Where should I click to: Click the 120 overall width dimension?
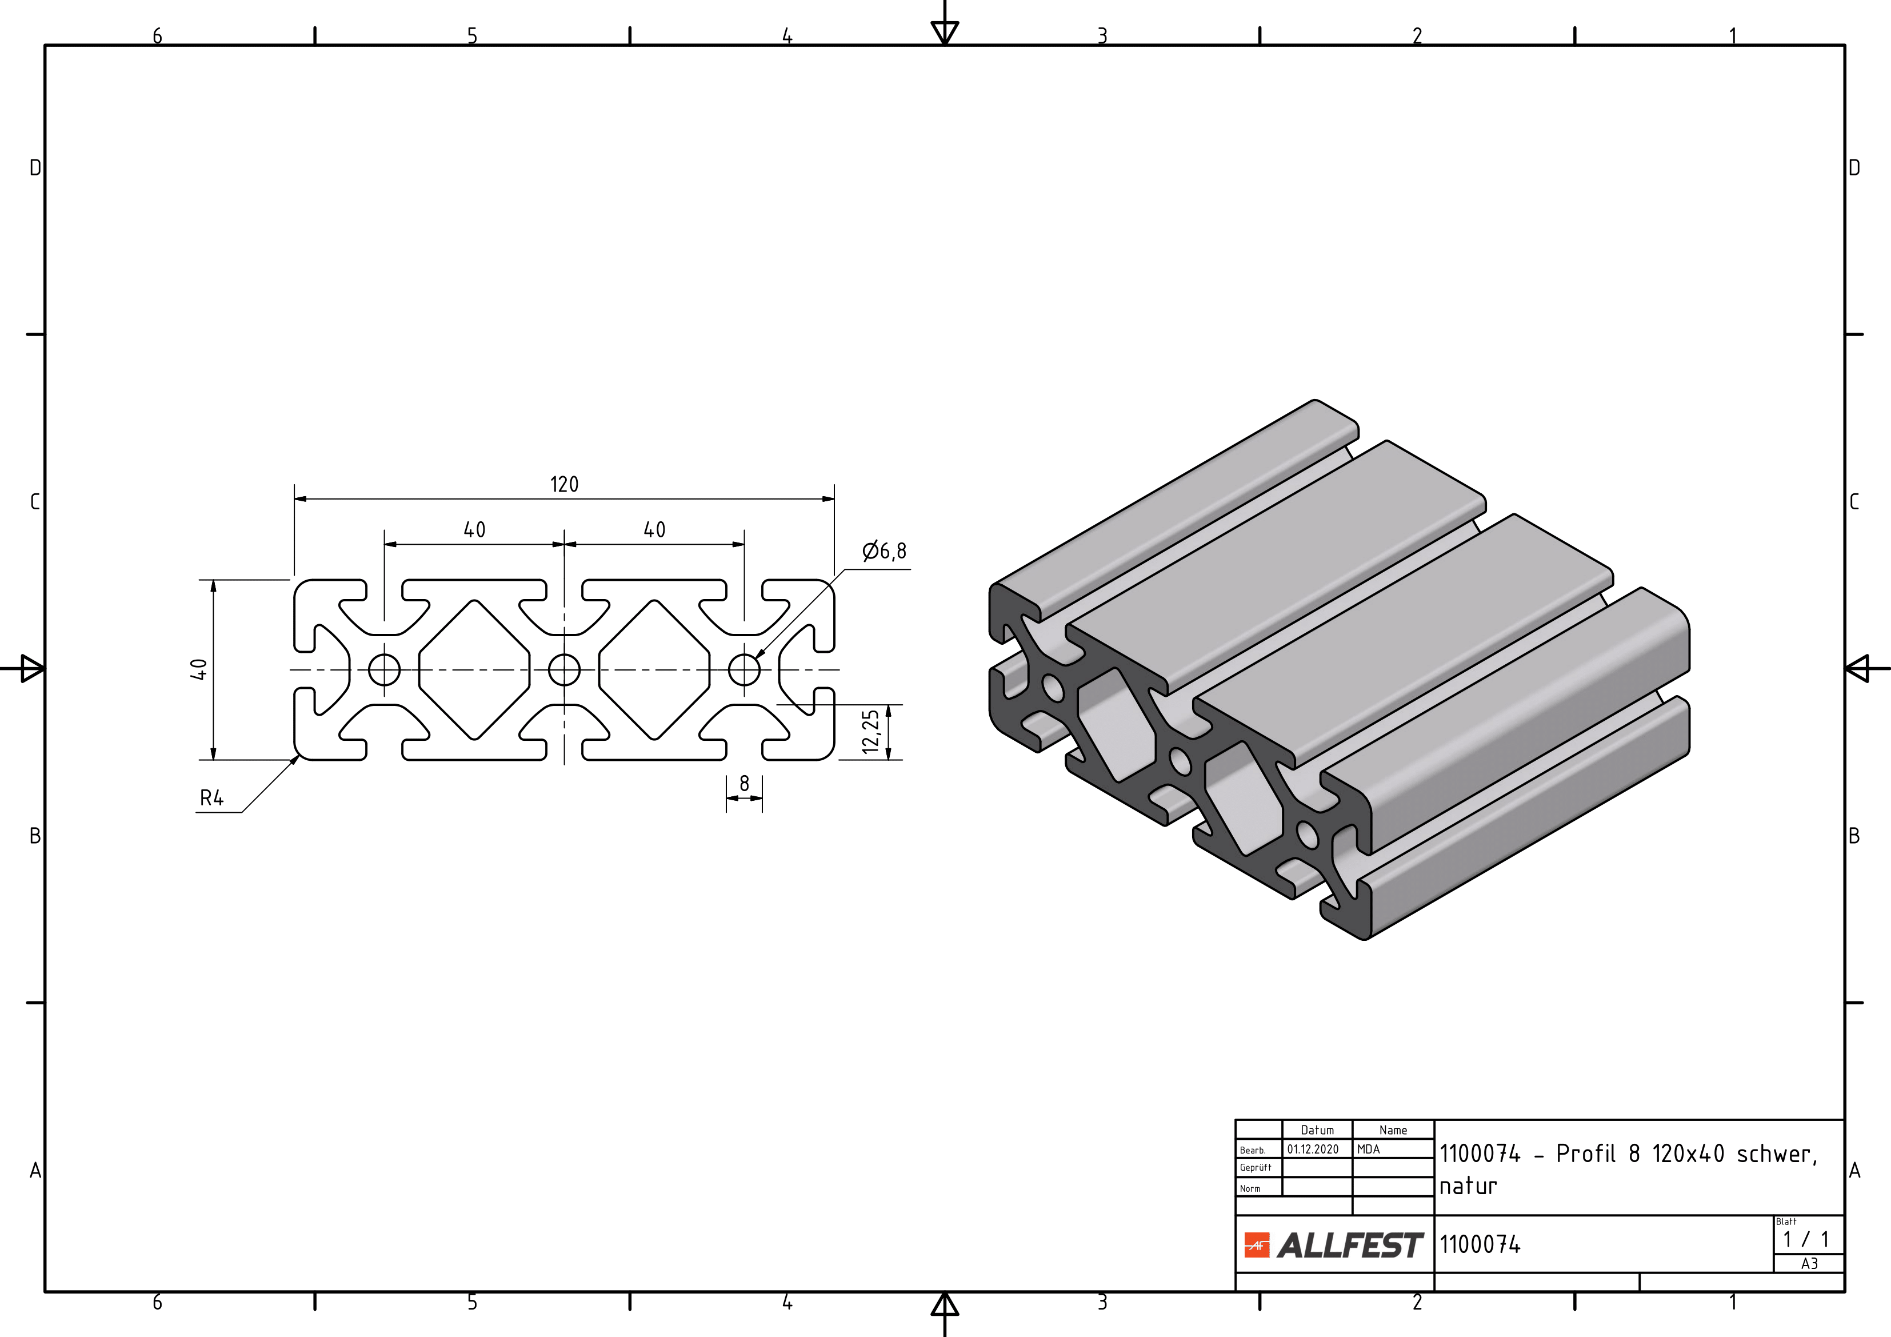tap(564, 484)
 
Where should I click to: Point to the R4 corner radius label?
tap(211, 797)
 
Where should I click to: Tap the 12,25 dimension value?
tap(870, 732)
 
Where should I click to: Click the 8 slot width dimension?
tap(745, 784)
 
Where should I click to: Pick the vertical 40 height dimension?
tap(198, 669)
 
